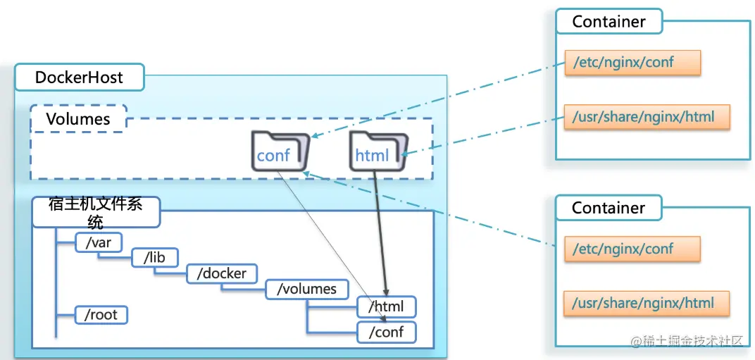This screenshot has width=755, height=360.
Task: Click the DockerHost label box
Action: (x=79, y=77)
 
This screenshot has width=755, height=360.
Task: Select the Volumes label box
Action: (x=78, y=118)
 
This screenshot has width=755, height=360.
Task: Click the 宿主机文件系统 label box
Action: (x=96, y=212)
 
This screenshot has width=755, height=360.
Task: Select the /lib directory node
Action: (x=154, y=258)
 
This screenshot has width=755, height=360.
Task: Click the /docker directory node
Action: (x=222, y=273)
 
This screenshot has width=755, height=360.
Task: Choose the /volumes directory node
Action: (x=306, y=289)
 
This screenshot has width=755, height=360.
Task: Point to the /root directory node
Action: (x=101, y=314)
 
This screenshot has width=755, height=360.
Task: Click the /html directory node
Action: (x=387, y=306)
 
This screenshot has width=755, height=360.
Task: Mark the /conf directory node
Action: (x=387, y=331)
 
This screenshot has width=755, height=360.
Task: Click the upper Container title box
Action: (x=609, y=22)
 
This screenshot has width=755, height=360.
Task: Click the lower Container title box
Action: (x=609, y=208)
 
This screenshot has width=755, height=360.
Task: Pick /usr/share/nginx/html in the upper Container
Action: (x=646, y=116)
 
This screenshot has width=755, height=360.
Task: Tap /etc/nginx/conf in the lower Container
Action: (x=632, y=249)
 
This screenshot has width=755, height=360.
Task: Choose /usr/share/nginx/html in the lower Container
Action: (x=646, y=304)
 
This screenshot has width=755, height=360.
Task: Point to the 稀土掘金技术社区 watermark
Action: (x=687, y=341)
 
